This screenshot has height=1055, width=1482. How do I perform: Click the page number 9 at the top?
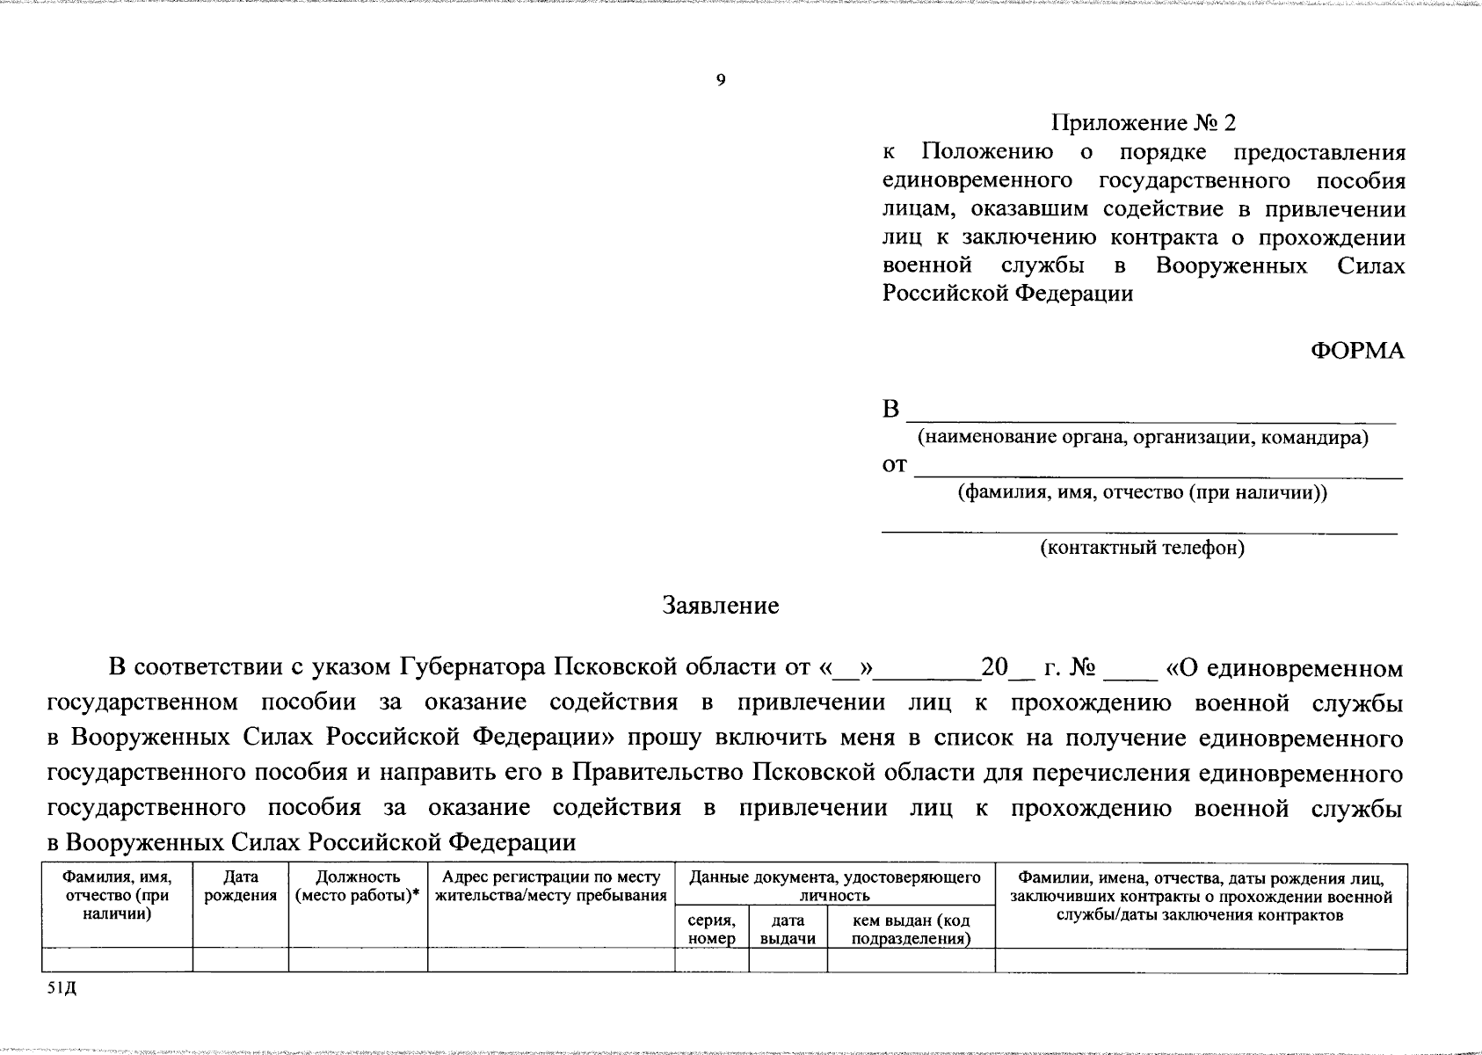(x=721, y=81)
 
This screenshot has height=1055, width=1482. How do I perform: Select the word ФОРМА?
(x=1357, y=351)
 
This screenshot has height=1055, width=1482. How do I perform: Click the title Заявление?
(x=721, y=606)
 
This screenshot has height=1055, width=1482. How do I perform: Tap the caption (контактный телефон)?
(x=1142, y=549)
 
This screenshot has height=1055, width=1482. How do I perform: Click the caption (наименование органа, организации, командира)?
(x=1143, y=438)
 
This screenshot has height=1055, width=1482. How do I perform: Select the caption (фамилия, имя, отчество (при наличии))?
(x=1142, y=493)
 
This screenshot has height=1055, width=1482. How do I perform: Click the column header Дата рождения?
(x=240, y=886)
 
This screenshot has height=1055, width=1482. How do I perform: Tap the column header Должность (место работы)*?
(x=357, y=886)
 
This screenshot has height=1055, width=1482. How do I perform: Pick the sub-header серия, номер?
(x=711, y=929)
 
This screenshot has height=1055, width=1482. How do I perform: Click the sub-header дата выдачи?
(x=788, y=929)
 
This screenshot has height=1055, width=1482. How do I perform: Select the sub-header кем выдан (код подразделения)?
(x=911, y=929)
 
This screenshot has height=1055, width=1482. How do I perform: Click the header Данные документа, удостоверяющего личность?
(x=834, y=886)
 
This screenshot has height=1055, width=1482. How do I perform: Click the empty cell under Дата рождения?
(x=240, y=960)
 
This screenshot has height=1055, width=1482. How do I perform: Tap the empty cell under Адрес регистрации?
(x=550, y=960)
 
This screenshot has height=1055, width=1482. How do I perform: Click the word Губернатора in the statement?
(x=475, y=667)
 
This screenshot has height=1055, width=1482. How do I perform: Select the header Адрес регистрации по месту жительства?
(x=550, y=886)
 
